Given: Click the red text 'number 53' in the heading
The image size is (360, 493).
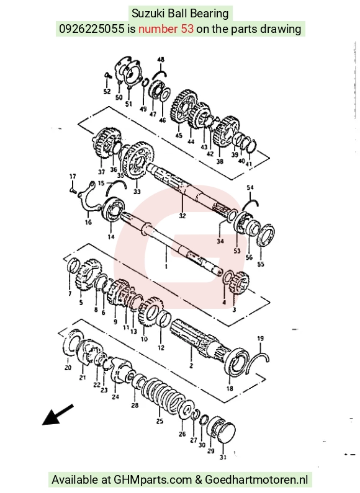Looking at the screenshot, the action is coord(166,29).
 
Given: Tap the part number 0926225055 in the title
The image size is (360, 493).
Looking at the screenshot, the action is coord(92,29).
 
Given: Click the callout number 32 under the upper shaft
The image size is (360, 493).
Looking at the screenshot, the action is coord(182,216).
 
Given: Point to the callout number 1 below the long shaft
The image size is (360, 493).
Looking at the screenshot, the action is coord(166,267).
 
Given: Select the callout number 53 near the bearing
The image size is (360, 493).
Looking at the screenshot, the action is coord(237,251).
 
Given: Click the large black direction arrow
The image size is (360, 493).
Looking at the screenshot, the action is coord(58,415).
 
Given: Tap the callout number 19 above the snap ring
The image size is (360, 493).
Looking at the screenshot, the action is coord(260,339).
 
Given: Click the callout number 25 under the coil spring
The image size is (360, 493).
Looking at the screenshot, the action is coord(160,421).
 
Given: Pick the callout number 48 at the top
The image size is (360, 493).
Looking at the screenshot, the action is coord(161,60).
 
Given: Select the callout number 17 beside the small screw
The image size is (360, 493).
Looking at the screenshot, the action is coord(73,176).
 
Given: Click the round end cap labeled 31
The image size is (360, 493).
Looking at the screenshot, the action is coord(224,433).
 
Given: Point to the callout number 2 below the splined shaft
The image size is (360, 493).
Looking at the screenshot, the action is coord(191,366).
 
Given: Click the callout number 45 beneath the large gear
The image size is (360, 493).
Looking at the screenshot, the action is coord(179,136).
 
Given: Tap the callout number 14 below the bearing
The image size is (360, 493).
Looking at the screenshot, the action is coord(111,237).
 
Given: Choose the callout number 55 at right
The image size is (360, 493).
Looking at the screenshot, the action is coord(261,264).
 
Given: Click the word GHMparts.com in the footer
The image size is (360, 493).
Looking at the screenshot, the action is coord(153,480).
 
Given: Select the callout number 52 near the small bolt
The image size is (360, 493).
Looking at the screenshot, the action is coord(107,92).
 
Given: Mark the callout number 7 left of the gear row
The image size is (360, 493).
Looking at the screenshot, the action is coord(70,294).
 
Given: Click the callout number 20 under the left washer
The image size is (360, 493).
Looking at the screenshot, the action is coord(68,367).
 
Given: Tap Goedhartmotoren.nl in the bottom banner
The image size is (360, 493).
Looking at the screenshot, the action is coord(256,480).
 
